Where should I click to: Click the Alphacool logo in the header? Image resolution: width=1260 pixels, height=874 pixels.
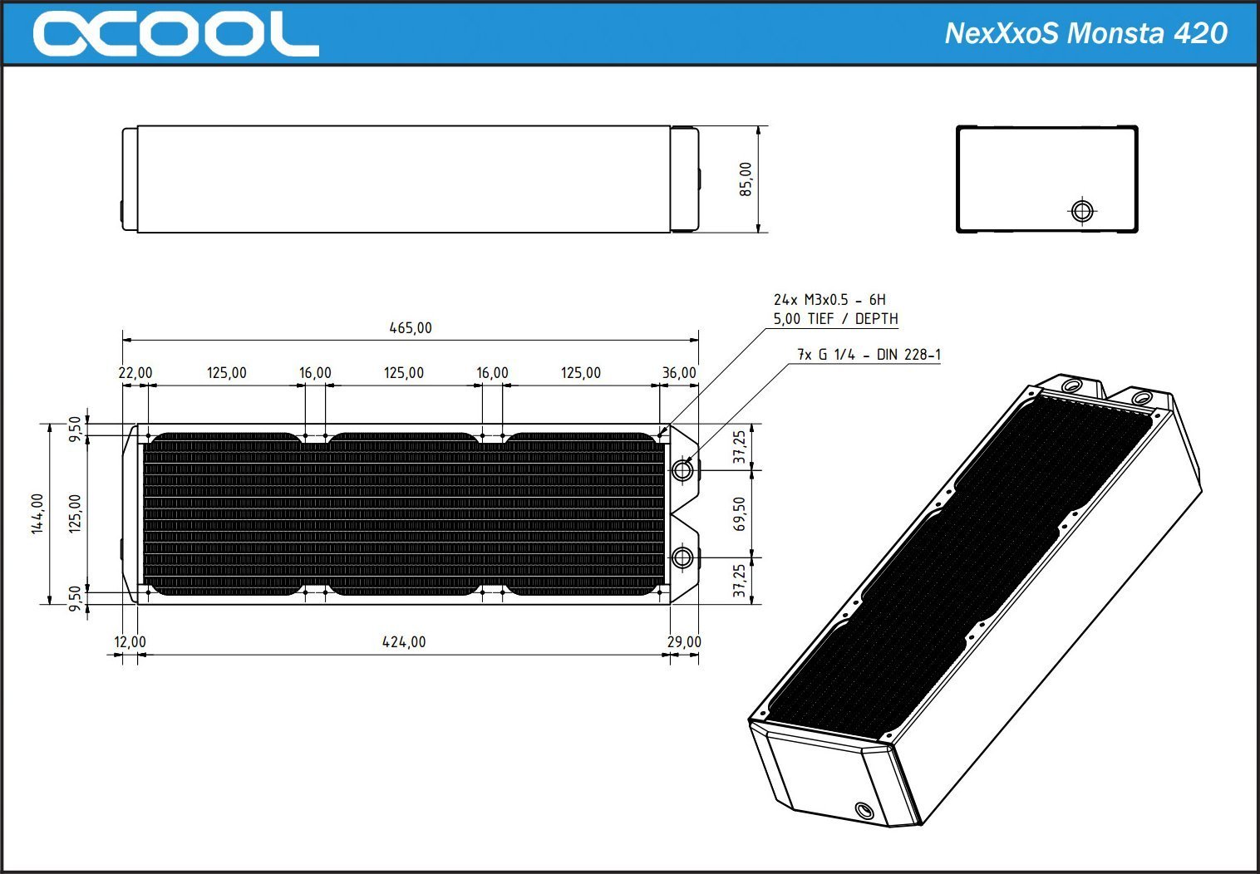click(x=175, y=34)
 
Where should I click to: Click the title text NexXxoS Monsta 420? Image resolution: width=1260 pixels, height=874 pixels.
click(x=1085, y=33)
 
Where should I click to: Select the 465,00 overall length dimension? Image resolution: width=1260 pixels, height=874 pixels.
click(x=411, y=328)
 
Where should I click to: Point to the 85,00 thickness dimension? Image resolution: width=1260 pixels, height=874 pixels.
click(x=746, y=179)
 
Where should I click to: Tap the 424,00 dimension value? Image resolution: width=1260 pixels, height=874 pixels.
click(x=404, y=642)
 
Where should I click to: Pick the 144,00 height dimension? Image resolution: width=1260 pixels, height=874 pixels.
click(x=37, y=513)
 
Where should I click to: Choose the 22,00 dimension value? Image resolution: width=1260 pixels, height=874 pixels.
click(x=135, y=373)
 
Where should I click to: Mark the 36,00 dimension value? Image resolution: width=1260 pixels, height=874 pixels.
click(x=679, y=373)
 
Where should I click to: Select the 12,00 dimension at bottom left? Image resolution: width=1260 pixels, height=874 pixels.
click(x=130, y=642)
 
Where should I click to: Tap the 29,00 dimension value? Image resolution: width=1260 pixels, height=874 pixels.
click(x=684, y=642)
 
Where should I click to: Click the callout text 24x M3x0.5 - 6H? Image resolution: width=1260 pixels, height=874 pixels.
click(x=829, y=300)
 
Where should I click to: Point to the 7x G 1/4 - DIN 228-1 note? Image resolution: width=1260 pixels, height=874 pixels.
click(x=869, y=355)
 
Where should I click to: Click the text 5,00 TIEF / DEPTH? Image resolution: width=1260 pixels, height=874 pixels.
click(x=835, y=319)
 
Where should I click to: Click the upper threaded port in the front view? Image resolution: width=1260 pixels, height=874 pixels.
click(x=682, y=470)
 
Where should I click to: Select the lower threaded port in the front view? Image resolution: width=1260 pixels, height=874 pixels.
click(x=682, y=557)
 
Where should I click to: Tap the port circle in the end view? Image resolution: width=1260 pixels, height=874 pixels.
click(x=1081, y=211)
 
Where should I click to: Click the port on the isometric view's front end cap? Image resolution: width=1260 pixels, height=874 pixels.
click(x=864, y=809)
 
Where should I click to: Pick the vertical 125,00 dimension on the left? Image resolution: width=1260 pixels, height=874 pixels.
click(x=75, y=513)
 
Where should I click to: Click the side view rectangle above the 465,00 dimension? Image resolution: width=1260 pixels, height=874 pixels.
click(x=404, y=179)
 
